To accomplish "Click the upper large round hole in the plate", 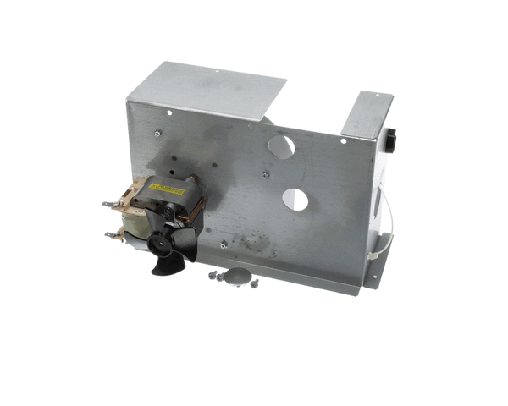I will pos(281,145).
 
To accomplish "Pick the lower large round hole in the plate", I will pos(295,200).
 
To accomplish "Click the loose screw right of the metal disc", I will pos(253,283).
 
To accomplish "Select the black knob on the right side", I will pos(390,140).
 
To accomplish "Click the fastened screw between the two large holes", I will pos(265,174).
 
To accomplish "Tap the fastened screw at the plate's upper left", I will pos(157,132).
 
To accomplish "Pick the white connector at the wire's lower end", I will pos(372,254).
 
